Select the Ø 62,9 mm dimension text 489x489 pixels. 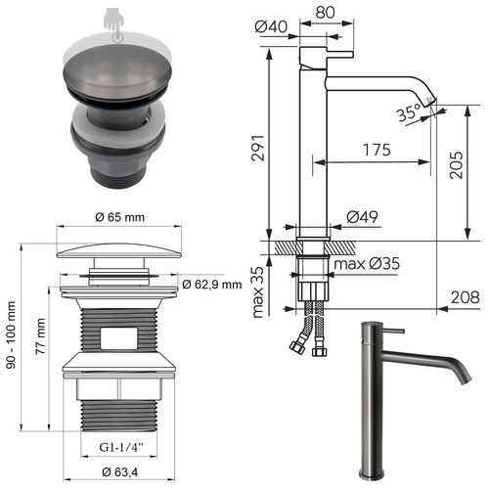coord(211,285)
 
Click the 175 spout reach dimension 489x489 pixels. coord(376,150)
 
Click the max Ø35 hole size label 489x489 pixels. coord(371,263)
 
